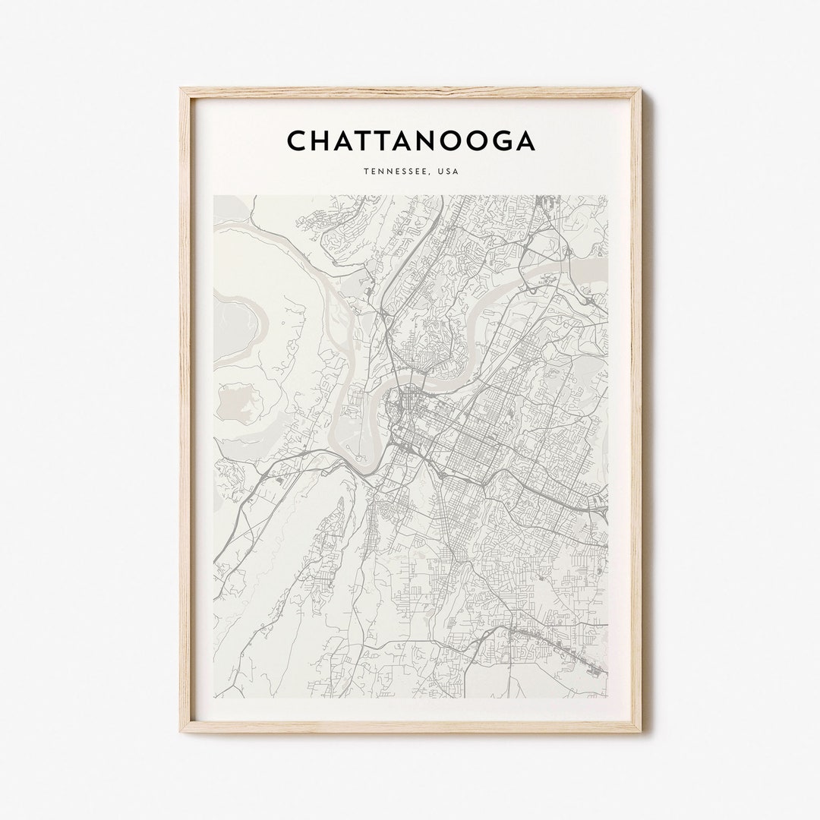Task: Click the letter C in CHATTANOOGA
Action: [298, 140]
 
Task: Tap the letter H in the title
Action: [324, 140]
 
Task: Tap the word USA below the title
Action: [447, 171]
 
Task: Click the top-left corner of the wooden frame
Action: [181, 89]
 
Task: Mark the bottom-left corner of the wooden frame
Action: [181, 731]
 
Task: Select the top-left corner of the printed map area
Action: [213, 196]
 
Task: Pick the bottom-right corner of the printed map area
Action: [607, 698]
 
